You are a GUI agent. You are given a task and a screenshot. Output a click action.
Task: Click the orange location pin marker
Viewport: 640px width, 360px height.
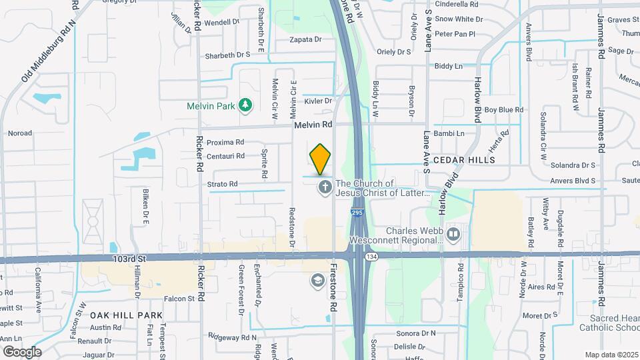point(321,159)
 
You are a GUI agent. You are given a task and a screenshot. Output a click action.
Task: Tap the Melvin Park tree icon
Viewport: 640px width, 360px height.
point(246,105)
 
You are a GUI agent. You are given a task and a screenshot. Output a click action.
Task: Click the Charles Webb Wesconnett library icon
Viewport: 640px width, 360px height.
point(453,234)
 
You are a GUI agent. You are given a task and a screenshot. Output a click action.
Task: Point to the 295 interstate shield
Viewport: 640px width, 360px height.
point(357,213)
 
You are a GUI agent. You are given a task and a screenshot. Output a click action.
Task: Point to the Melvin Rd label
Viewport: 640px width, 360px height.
point(313,125)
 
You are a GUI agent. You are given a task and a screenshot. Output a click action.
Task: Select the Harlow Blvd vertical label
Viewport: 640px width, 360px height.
point(477,104)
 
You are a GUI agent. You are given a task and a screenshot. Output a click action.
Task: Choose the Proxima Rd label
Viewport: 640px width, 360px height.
point(225,142)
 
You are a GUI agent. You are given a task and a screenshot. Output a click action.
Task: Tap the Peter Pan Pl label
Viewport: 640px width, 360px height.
point(455,34)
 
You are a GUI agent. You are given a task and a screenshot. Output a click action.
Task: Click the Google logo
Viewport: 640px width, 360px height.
point(22,351)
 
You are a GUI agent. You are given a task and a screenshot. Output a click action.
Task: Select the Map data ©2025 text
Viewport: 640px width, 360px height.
point(610,355)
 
